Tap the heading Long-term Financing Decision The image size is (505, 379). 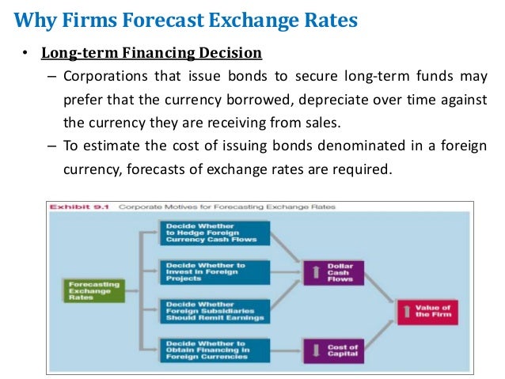click(151, 54)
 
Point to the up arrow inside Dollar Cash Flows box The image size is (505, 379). click(316, 272)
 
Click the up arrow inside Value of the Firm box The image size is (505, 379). click(409, 310)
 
